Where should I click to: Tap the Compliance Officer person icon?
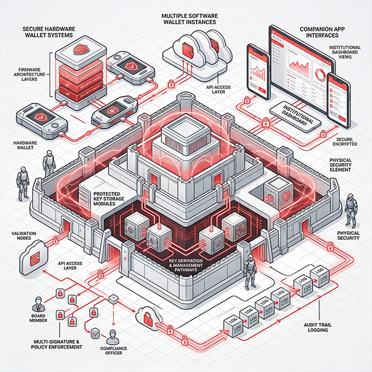(x=113, y=336)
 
